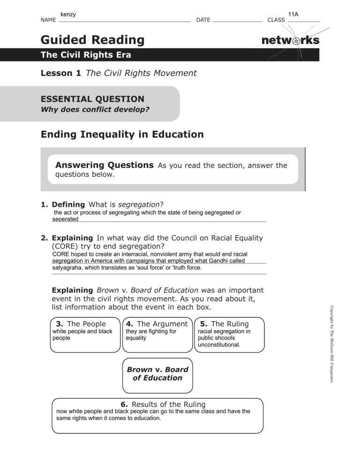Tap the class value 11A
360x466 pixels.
294,15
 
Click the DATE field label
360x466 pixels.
203,20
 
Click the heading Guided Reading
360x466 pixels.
92,40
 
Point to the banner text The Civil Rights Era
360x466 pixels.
86,55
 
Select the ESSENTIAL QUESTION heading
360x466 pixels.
93,99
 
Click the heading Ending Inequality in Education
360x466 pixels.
122,135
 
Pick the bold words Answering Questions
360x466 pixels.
105,165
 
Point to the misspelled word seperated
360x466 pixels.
65,218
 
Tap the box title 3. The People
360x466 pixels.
81,323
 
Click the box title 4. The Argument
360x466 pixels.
157,323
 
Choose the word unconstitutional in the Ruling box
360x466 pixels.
219,345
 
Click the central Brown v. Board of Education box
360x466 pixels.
157,374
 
